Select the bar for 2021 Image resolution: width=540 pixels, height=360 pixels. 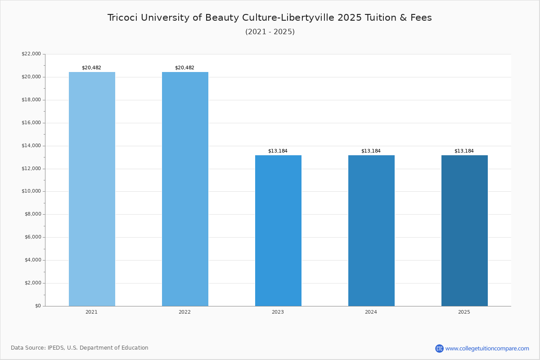[x=92, y=189]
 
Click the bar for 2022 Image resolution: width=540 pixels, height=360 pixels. [x=185, y=189]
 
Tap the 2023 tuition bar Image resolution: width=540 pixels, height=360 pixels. [x=278, y=231]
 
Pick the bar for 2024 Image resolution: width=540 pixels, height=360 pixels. [x=371, y=231]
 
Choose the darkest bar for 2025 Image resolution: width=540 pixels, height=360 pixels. [x=464, y=231]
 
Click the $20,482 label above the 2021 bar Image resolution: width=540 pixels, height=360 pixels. [x=92, y=68]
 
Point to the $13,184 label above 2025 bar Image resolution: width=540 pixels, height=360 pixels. [x=464, y=151]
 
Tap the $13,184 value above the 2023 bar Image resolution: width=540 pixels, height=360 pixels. [x=278, y=151]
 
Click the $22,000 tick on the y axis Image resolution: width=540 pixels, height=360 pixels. [x=31, y=54]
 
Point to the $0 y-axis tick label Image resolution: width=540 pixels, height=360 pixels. [x=38, y=306]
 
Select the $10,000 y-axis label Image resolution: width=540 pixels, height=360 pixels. [x=31, y=191]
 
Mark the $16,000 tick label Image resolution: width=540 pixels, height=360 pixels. [x=31, y=123]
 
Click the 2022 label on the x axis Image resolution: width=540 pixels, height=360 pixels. [x=184, y=312]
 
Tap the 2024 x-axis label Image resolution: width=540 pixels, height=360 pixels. [x=371, y=312]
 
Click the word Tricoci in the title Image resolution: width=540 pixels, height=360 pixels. [x=122, y=18]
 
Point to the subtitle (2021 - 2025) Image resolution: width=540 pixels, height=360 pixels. [x=270, y=32]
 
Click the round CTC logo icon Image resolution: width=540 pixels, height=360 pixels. [x=439, y=348]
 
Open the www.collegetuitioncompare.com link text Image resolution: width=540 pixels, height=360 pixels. [x=487, y=349]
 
